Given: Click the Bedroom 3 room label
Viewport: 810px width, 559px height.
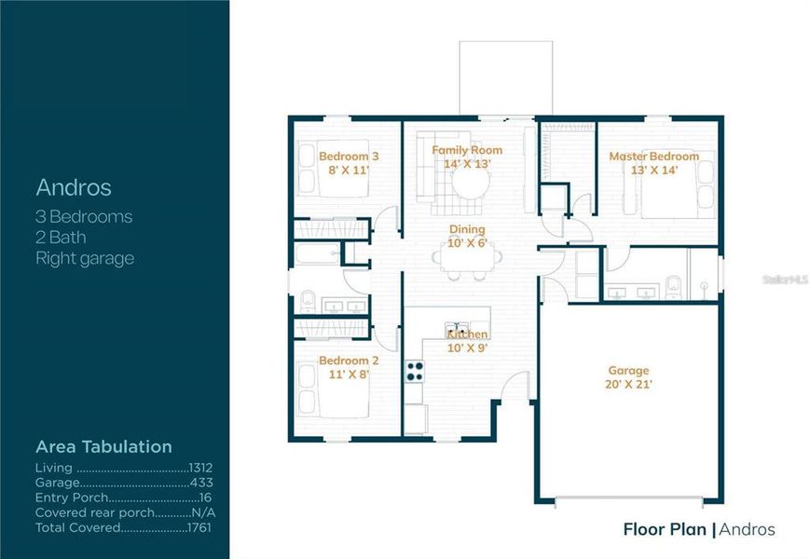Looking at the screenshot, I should pyautogui.click(x=349, y=157).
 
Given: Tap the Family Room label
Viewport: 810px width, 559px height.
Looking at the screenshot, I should pyautogui.click(x=467, y=150).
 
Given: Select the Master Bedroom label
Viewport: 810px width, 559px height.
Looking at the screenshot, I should pyautogui.click(x=653, y=157).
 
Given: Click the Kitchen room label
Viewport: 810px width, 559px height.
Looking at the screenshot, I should pyautogui.click(x=467, y=334).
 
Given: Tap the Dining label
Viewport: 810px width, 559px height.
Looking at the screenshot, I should pyautogui.click(x=467, y=229).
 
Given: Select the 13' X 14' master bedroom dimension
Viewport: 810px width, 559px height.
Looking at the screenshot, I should pyautogui.click(x=653, y=170).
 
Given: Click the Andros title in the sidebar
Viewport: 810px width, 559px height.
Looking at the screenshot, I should pyautogui.click(x=74, y=187).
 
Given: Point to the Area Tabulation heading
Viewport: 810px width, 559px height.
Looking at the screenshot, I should pyautogui.click(x=103, y=447).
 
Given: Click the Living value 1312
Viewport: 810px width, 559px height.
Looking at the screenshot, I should pyautogui.click(x=200, y=468).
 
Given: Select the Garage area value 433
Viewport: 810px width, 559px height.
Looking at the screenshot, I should pyautogui.click(x=201, y=483).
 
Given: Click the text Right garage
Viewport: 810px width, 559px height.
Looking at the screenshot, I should pyautogui.click(x=85, y=259).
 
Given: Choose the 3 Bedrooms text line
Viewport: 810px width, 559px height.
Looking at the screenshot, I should pyautogui.click(x=84, y=217).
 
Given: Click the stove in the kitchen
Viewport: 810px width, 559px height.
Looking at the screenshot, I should pyautogui.click(x=414, y=371).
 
